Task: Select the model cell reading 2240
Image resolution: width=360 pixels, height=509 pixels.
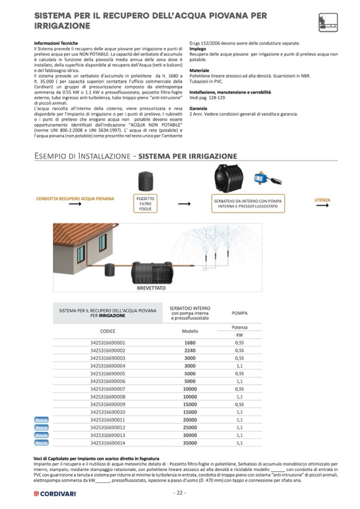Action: (190, 350)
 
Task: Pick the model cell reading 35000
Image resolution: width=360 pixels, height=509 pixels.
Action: (190, 442)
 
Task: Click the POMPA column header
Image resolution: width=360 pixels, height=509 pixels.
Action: (239, 313)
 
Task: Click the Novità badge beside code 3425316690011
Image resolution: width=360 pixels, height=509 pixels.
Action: (41, 420)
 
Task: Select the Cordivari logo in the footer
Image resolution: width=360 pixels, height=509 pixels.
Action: (55, 494)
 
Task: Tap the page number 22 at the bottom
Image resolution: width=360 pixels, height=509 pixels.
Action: (179, 493)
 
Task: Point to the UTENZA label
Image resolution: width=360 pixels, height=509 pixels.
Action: (322, 200)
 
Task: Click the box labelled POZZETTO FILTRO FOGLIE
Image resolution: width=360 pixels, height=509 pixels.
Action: (145, 203)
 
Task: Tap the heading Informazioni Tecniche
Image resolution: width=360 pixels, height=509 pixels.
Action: (56, 43)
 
